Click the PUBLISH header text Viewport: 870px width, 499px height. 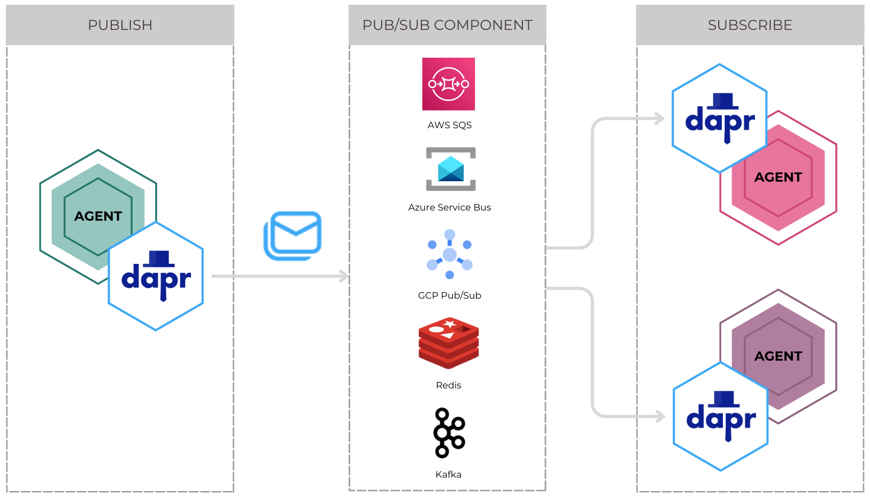120,25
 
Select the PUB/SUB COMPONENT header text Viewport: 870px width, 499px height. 447,25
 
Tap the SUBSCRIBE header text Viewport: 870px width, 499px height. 750,25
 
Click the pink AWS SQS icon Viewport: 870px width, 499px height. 449,84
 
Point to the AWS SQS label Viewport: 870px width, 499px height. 449,125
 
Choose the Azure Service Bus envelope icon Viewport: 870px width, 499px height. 450,169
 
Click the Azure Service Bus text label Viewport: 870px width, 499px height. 449,207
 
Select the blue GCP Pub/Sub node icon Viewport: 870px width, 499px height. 450,254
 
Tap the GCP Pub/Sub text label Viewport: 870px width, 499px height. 449,295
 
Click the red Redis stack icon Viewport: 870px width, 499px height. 449,343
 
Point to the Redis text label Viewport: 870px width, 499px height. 448,385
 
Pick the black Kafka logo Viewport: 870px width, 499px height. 449,433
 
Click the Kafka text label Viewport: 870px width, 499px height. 448,474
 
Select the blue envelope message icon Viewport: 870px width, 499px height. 293,236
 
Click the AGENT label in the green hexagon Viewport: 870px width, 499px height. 98,216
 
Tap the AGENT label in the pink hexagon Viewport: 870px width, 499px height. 778,177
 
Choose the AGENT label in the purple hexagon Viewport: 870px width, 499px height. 778,356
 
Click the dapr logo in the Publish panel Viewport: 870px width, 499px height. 156,277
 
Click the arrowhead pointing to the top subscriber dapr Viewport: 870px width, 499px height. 659,119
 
